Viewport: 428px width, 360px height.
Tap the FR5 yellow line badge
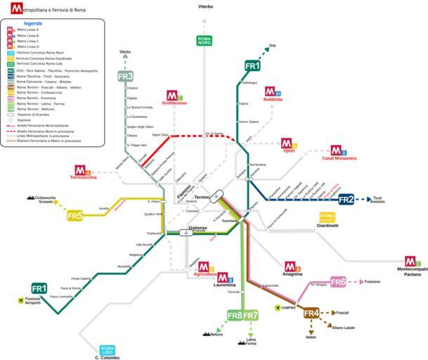tap(75, 215)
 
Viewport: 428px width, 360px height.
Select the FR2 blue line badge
tap(346, 200)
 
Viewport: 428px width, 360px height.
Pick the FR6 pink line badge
tap(339, 282)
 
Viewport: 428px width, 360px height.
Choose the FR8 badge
tap(234, 315)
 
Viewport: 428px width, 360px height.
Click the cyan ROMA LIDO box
tap(108, 349)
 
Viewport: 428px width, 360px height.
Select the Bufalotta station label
tap(273, 99)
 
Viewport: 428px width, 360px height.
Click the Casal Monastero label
tap(339, 158)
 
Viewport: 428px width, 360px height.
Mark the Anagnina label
tap(292, 274)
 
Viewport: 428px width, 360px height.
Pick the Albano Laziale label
tap(344, 328)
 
